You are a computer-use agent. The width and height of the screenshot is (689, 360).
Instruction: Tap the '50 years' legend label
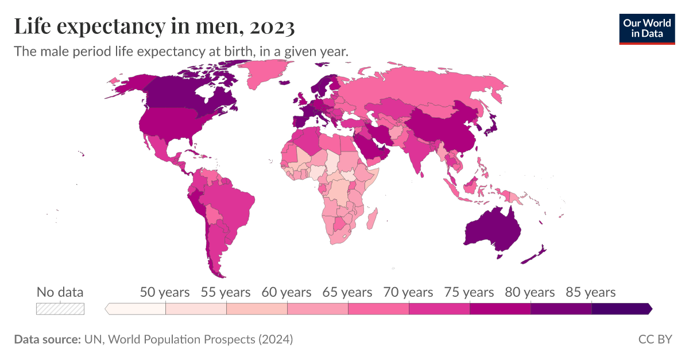165,292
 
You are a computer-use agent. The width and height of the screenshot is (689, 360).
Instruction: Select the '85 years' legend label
590,292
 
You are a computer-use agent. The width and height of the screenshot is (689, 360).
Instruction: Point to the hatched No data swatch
60,309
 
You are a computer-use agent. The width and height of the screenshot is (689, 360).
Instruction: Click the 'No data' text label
60,292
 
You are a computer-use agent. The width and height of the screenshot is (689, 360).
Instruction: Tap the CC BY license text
655,339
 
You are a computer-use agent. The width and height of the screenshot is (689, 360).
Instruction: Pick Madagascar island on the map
371,219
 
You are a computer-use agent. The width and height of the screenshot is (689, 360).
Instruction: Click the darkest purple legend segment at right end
620,309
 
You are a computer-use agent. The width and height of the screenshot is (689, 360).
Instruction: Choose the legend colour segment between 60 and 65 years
318,309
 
